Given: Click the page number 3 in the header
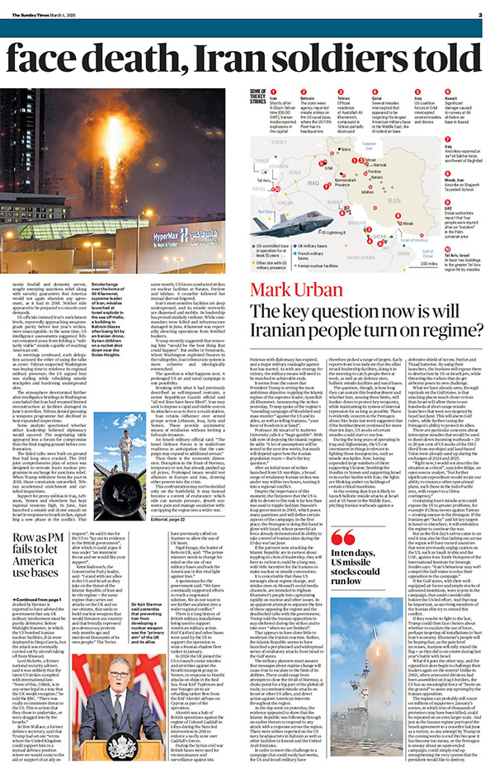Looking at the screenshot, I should [x=479, y=14].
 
